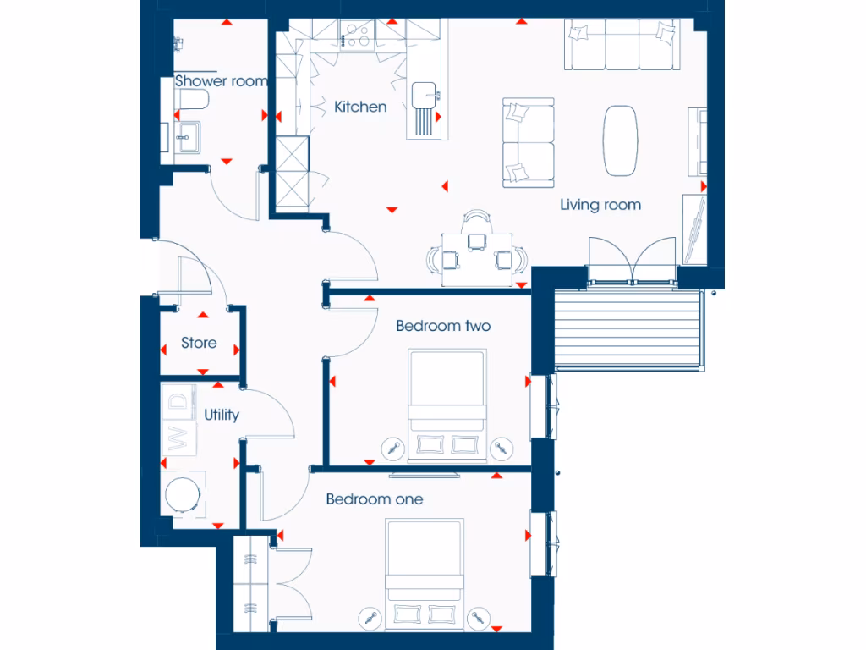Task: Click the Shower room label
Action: (x=221, y=81)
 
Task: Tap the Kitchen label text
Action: (x=360, y=107)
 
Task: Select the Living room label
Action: (x=600, y=205)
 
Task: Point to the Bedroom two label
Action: (x=443, y=326)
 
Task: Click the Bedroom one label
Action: (x=375, y=499)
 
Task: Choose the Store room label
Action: (x=199, y=343)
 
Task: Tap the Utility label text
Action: (x=222, y=415)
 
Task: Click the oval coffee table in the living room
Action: (x=620, y=140)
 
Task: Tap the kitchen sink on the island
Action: (x=422, y=93)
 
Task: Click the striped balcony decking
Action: (x=627, y=328)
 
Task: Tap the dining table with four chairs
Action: (x=477, y=256)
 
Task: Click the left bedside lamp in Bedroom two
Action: (x=392, y=446)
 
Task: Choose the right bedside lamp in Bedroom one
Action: (x=480, y=618)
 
